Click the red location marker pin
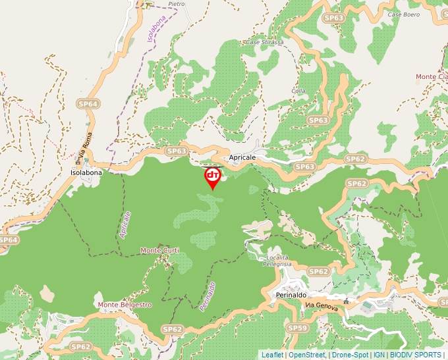pyautogui.click(x=213, y=177)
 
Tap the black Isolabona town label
pyautogui.click(x=86, y=172)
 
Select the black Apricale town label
pyautogui.click(x=242, y=159)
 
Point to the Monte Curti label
pyautogui.click(x=159, y=251)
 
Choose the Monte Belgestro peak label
pyautogui.click(x=125, y=305)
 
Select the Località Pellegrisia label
pyautogui.click(x=277, y=260)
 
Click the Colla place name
pyautogui.click(x=298, y=91)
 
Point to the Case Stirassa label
pyautogui.click(x=264, y=42)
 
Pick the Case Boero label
pyautogui.click(x=403, y=14)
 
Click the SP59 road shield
pyautogui.click(x=298, y=327)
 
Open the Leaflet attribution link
pyautogui.click(x=272, y=355)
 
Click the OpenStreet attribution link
pyautogui.click(x=307, y=355)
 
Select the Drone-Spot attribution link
pyautogui.click(x=350, y=355)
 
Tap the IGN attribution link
pyautogui.click(x=379, y=355)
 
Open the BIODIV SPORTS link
pyautogui.click(x=415, y=355)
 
